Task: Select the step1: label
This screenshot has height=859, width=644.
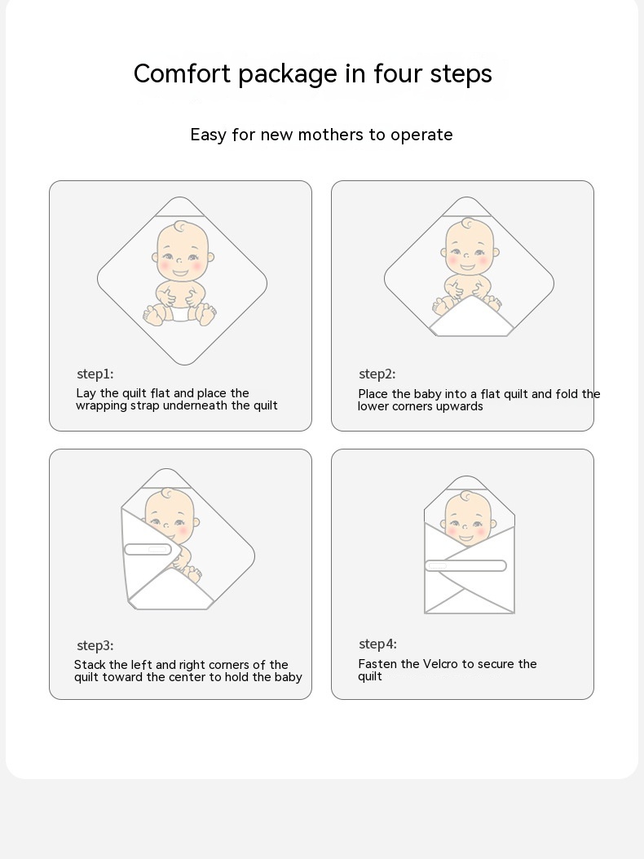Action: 95,374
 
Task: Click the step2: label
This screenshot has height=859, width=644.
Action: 377,374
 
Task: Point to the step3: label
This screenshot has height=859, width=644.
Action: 95,646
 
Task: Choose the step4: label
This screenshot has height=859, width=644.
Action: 378,644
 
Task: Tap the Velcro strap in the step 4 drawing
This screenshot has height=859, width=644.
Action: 465,566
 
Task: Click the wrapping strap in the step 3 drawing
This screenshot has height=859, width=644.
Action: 148,549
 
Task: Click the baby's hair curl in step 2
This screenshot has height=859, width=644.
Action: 469,224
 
